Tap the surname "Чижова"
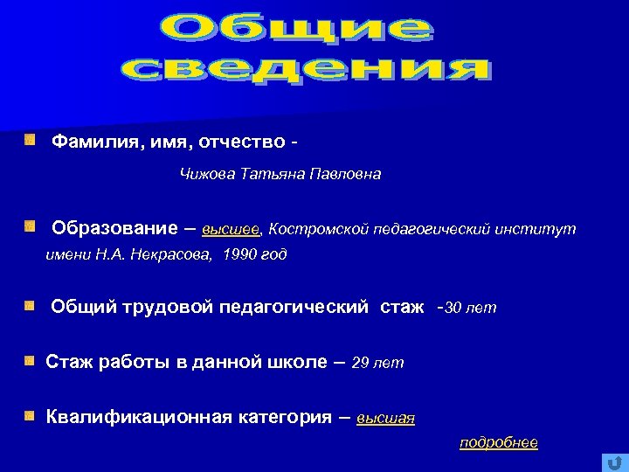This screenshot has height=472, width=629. [206, 175]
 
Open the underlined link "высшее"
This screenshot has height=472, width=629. [231, 230]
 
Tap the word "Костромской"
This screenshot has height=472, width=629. [318, 230]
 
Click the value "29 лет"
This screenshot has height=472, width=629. [377, 363]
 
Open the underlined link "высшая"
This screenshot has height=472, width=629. [385, 419]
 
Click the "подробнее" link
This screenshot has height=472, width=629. [498, 442]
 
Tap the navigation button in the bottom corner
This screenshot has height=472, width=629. [614, 461]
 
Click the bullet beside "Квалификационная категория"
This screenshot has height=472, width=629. [30, 415]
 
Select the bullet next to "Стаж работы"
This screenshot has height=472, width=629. [30, 360]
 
